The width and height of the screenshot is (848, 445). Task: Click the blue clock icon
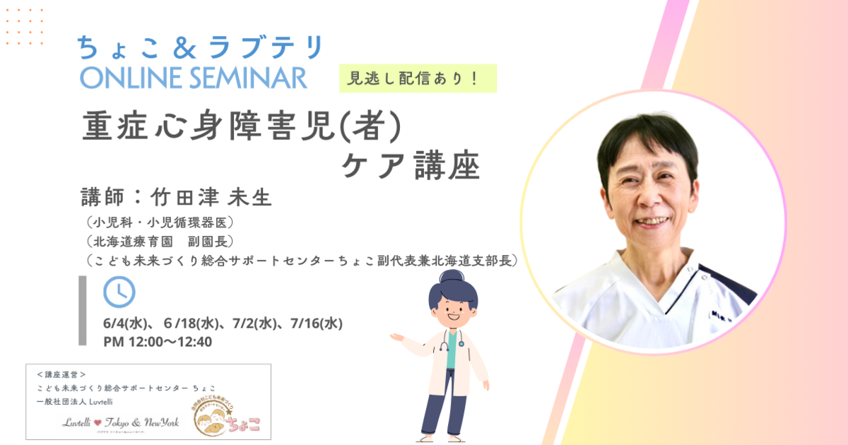[x=119, y=292]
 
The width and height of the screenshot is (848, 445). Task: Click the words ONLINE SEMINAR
[x=193, y=77]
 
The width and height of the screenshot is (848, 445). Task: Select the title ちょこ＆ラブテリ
[x=200, y=47]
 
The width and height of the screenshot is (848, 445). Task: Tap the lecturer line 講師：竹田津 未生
[x=177, y=197]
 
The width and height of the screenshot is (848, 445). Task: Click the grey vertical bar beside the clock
[x=82, y=311]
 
